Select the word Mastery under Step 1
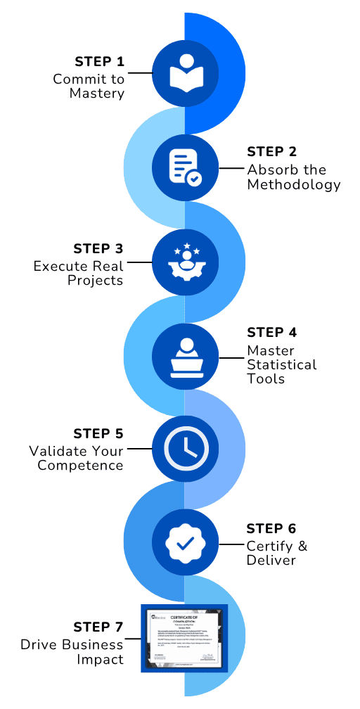(97, 93)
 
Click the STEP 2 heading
(272, 151)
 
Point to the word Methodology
(294, 185)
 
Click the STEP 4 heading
(272, 332)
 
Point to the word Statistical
(281, 365)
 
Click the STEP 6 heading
(272, 528)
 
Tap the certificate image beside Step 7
(185, 638)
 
